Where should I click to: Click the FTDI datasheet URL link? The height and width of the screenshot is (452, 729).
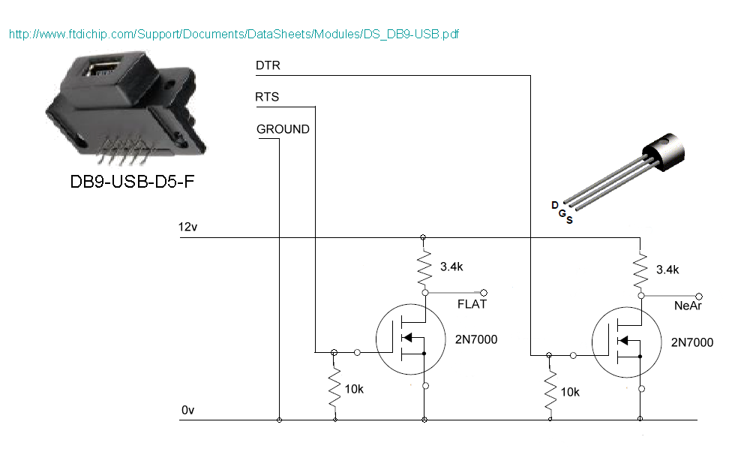click(234, 34)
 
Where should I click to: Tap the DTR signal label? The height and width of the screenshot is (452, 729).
click(268, 65)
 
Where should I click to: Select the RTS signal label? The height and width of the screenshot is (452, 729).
click(267, 97)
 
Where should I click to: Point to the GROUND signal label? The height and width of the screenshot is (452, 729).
click(283, 129)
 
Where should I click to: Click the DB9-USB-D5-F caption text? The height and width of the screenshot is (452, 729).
click(132, 182)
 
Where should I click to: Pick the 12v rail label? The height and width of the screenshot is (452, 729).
click(187, 227)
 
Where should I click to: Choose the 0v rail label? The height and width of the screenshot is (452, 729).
click(187, 410)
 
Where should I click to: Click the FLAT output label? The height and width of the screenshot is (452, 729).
click(472, 304)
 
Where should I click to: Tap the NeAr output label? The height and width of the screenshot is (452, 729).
click(688, 306)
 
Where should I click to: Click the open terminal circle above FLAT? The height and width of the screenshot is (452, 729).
click(484, 293)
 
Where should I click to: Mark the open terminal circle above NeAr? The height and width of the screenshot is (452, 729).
click(699, 296)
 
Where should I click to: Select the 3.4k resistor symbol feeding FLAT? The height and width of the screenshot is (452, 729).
click(424, 268)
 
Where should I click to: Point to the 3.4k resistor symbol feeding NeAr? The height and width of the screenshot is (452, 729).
click(640, 271)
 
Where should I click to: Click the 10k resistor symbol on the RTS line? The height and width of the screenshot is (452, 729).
click(334, 387)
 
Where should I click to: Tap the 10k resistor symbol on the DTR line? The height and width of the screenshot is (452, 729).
click(550, 390)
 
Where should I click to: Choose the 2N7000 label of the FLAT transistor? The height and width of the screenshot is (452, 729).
click(476, 339)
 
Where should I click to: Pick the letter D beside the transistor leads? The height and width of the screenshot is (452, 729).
click(555, 205)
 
